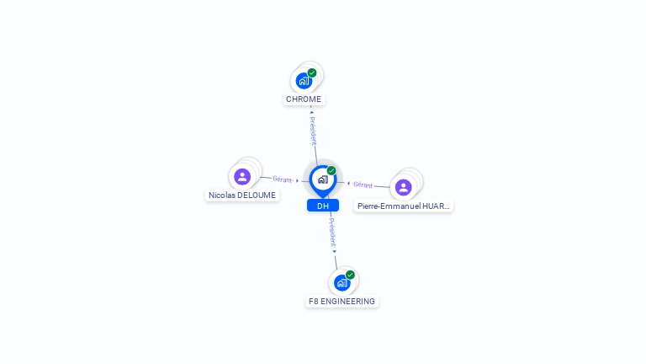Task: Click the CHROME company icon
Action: (x=304, y=81)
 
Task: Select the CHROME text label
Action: (x=304, y=99)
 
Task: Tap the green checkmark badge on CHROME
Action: (x=312, y=72)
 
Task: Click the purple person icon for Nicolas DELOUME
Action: (x=242, y=177)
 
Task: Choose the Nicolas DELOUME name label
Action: (x=241, y=195)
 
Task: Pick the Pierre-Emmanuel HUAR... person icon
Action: (x=404, y=187)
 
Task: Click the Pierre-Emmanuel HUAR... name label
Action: (x=404, y=206)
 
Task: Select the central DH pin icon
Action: (x=323, y=179)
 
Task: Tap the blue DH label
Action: (x=323, y=206)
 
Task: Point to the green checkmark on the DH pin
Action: (x=331, y=171)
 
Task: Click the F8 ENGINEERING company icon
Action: (x=342, y=282)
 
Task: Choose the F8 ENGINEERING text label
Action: (x=342, y=301)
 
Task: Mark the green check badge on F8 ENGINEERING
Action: (x=350, y=275)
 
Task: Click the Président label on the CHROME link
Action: (x=313, y=131)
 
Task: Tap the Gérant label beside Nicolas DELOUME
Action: (x=282, y=179)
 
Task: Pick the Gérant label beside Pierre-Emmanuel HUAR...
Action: (x=363, y=185)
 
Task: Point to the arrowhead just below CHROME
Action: (x=311, y=112)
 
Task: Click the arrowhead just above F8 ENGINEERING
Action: (x=334, y=251)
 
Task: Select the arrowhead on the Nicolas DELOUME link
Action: (x=298, y=180)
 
